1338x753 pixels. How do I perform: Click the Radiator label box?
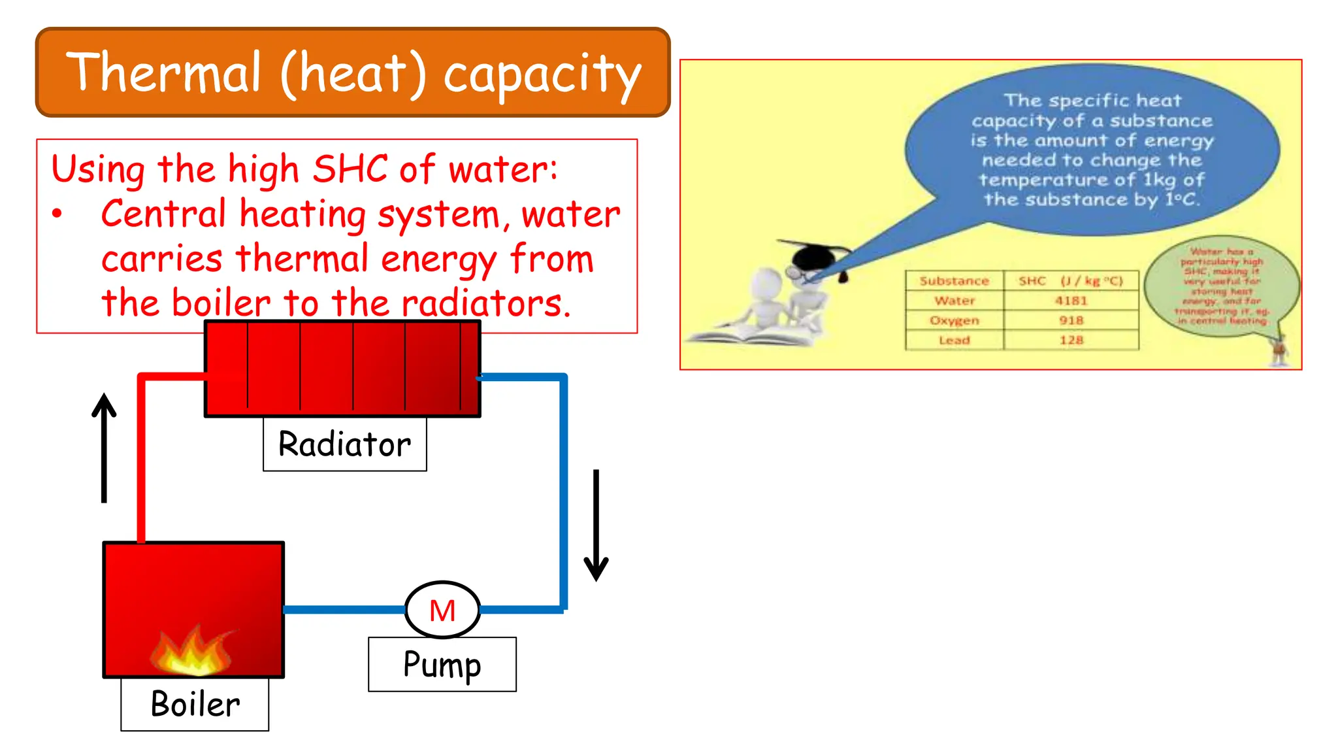click(344, 444)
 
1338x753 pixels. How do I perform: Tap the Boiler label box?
click(195, 704)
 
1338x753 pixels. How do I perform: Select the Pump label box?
click(442, 664)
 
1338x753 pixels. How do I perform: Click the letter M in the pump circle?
click(442, 611)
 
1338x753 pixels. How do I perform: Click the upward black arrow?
click(104, 448)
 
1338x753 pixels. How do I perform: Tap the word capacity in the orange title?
click(542, 75)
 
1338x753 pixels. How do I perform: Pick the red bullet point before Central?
click(57, 214)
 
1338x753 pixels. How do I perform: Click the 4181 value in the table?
click(1071, 301)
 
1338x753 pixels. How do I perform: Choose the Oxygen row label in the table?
click(955, 320)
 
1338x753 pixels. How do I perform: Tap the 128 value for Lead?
click(1071, 340)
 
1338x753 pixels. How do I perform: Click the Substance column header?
click(954, 280)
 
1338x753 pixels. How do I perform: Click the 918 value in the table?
click(1071, 320)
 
